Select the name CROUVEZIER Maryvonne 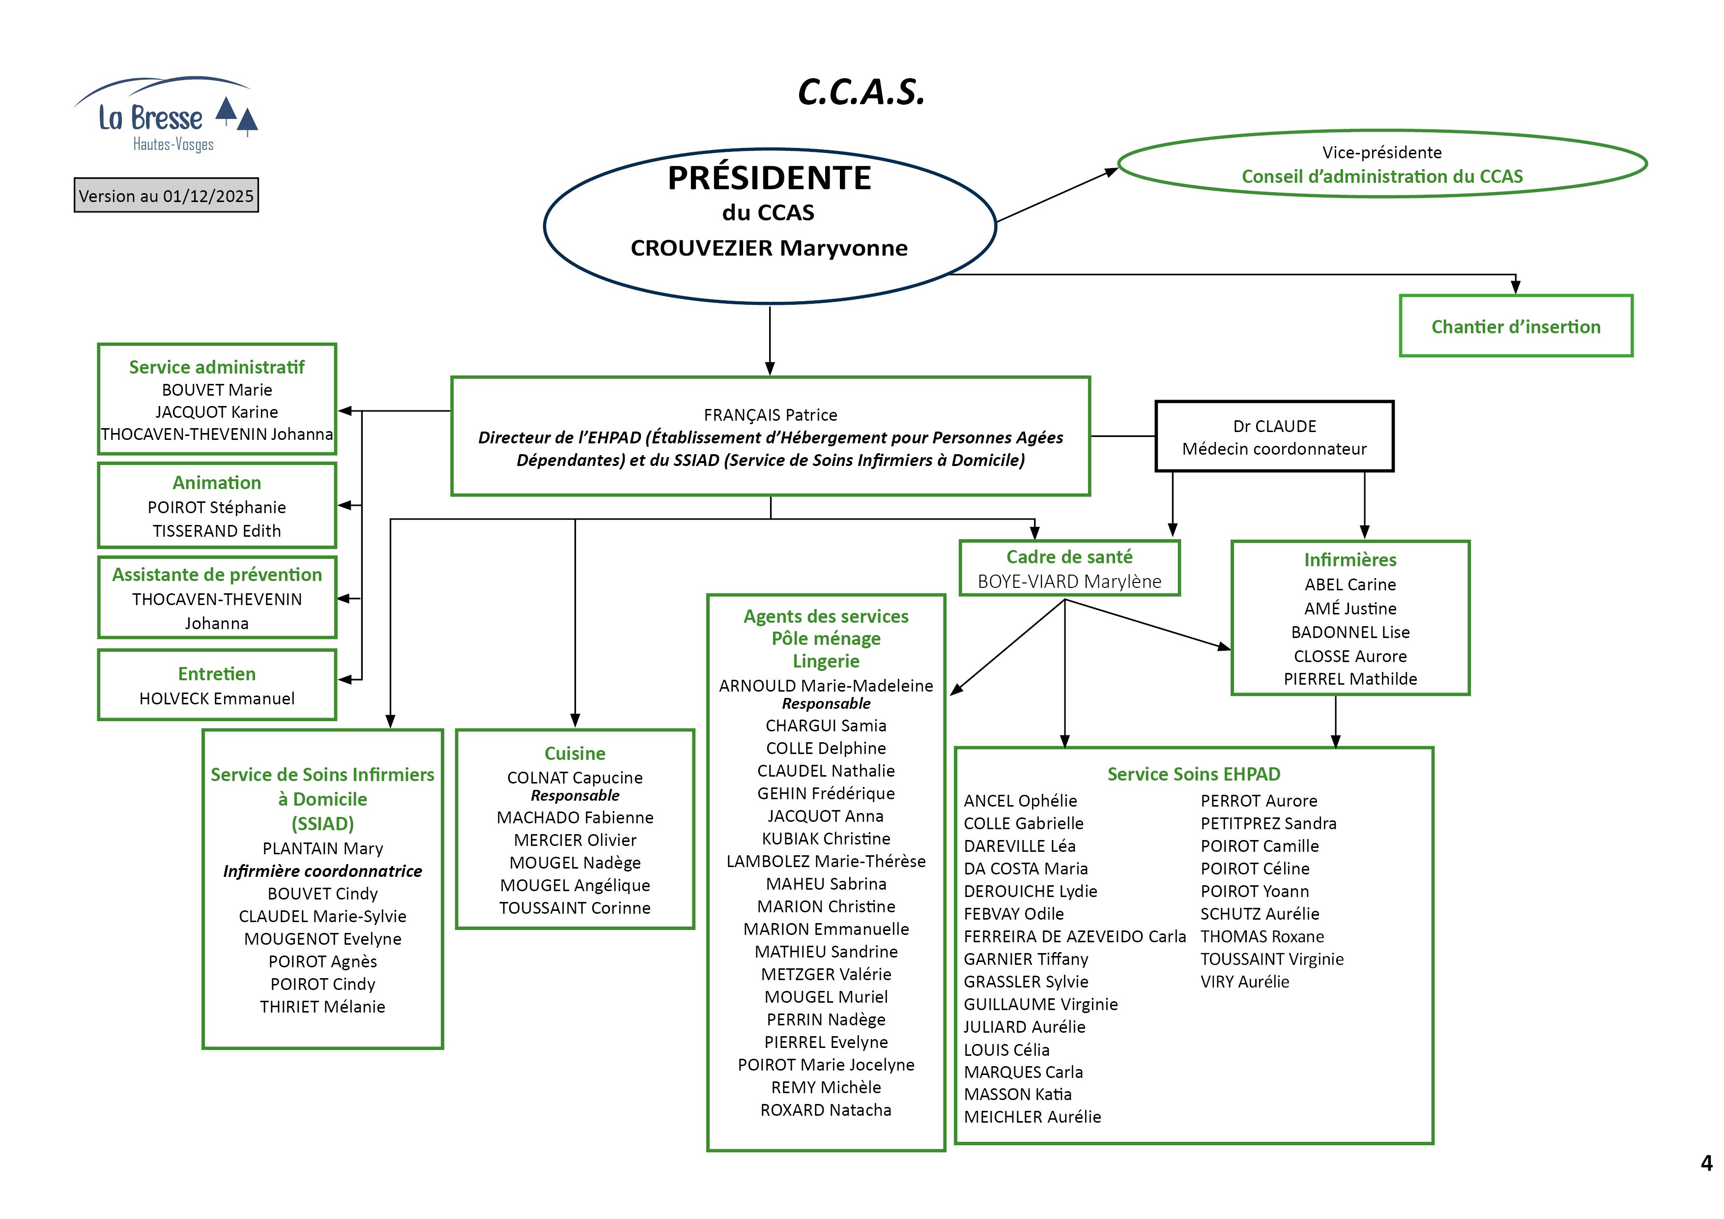(769, 248)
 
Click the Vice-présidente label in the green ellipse (1381, 152)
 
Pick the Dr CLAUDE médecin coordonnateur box (1274, 437)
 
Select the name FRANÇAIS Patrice (771, 414)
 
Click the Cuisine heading (575, 754)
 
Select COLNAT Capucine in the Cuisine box (575, 778)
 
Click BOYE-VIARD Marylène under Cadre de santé (1069, 581)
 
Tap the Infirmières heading (1350, 559)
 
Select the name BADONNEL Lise (1350, 633)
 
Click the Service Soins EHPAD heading (1193, 774)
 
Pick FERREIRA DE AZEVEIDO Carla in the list (1074, 936)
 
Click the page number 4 (1706, 1163)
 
